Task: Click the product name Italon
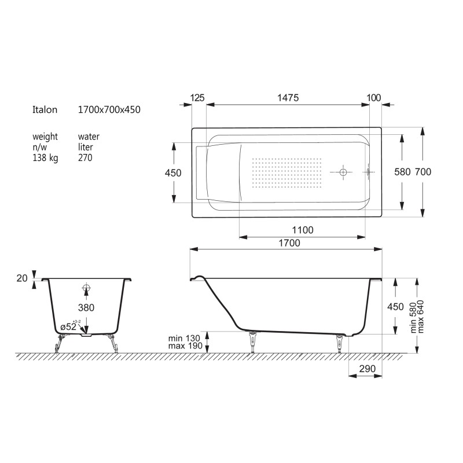45,109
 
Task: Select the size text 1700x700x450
109,109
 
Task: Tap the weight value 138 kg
45,158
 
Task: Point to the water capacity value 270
85,157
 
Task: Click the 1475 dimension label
288,98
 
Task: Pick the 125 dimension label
197,98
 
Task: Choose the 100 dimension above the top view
373,98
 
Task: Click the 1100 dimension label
303,230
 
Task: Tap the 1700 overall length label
289,243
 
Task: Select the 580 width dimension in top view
402,172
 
